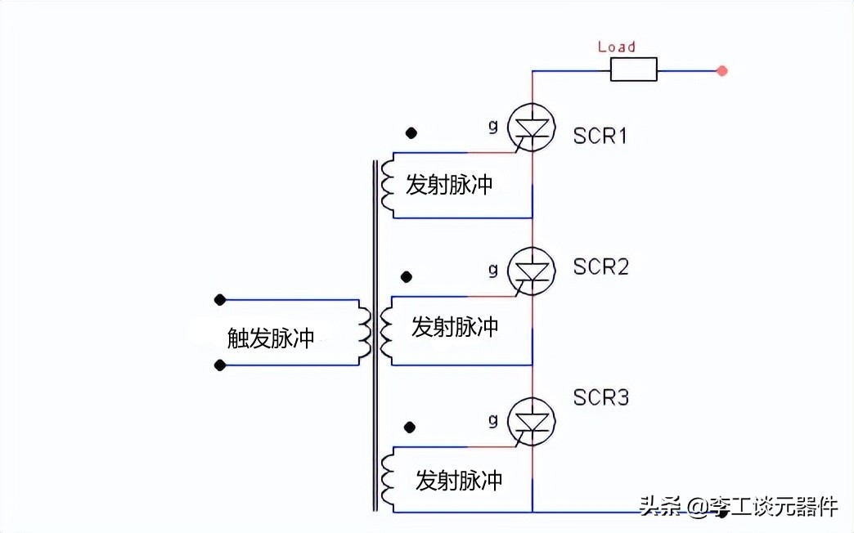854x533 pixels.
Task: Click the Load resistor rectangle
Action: pos(633,71)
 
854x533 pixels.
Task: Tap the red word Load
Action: pos(616,47)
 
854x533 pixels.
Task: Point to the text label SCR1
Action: pos(600,136)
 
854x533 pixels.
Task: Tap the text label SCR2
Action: pos(600,266)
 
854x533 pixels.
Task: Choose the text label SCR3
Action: pos(600,398)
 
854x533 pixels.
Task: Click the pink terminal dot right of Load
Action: pos(721,71)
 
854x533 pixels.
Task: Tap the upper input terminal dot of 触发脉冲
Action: pos(219,300)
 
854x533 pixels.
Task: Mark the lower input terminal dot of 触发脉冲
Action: pos(219,365)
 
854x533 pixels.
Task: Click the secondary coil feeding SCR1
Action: pos(387,186)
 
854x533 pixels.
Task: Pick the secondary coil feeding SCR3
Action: pos(387,480)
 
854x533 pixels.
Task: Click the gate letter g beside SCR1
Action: pos(492,125)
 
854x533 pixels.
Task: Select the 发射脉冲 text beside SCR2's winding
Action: pos(455,328)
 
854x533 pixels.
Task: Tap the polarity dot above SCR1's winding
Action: pos(411,132)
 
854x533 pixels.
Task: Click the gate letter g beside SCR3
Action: pos(492,420)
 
